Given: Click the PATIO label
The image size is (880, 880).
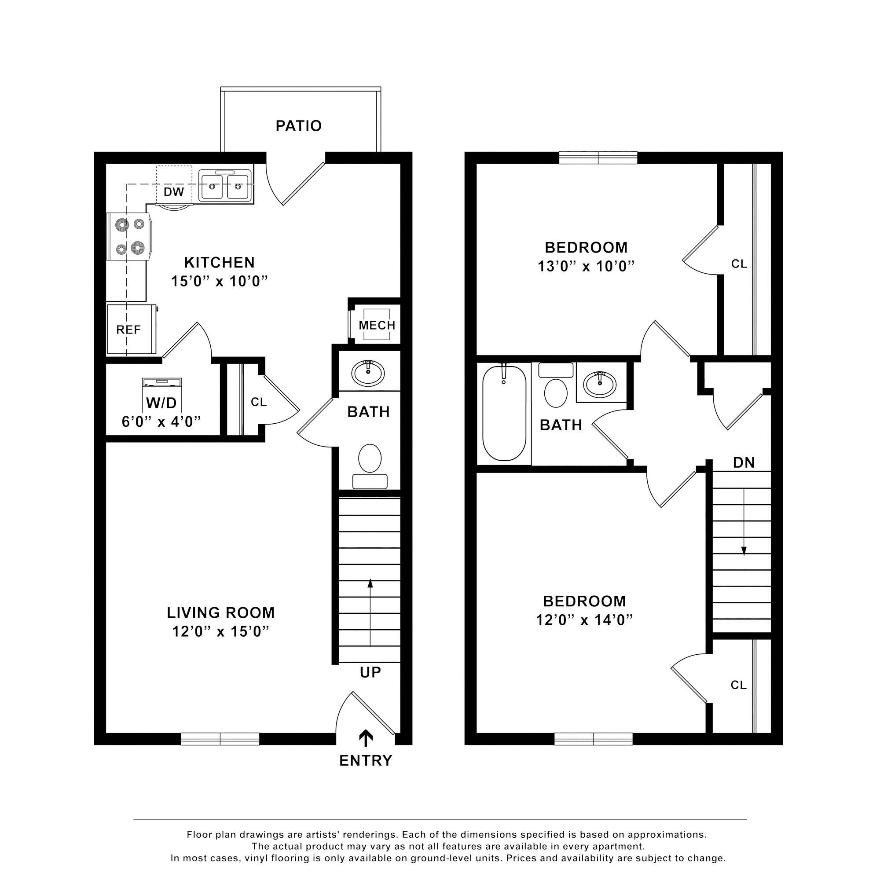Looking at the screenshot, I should tap(299, 126).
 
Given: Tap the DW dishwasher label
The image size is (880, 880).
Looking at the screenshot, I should tap(173, 192).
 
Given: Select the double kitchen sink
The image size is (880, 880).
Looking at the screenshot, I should tap(224, 186).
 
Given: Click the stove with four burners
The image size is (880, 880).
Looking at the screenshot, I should tap(130, 236).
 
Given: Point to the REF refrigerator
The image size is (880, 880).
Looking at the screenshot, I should tap(129, 330).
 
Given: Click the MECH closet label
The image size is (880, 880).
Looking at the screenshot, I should tap(377, 325).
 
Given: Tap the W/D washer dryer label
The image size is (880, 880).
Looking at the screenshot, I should tap(161, 403).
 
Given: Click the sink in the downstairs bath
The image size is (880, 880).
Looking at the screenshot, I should tap(368, 373).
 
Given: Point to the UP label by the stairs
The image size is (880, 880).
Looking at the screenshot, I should tap(370, 672).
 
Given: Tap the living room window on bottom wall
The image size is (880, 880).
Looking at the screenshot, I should tap(220, 739).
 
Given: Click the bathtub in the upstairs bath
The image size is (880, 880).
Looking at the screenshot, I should tap(504, 413).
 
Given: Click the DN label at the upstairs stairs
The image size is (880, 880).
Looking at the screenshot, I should tap(744, 463).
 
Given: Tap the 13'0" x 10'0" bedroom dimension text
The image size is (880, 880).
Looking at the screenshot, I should tap(586, 266).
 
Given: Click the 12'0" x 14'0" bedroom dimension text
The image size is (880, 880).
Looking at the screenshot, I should tap(584, 620).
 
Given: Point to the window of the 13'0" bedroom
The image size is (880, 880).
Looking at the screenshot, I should tap(598, 158).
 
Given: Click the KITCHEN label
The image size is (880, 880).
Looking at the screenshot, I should tap(219, 262).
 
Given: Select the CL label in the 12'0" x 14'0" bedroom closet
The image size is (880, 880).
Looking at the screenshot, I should tap(738, 685).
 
